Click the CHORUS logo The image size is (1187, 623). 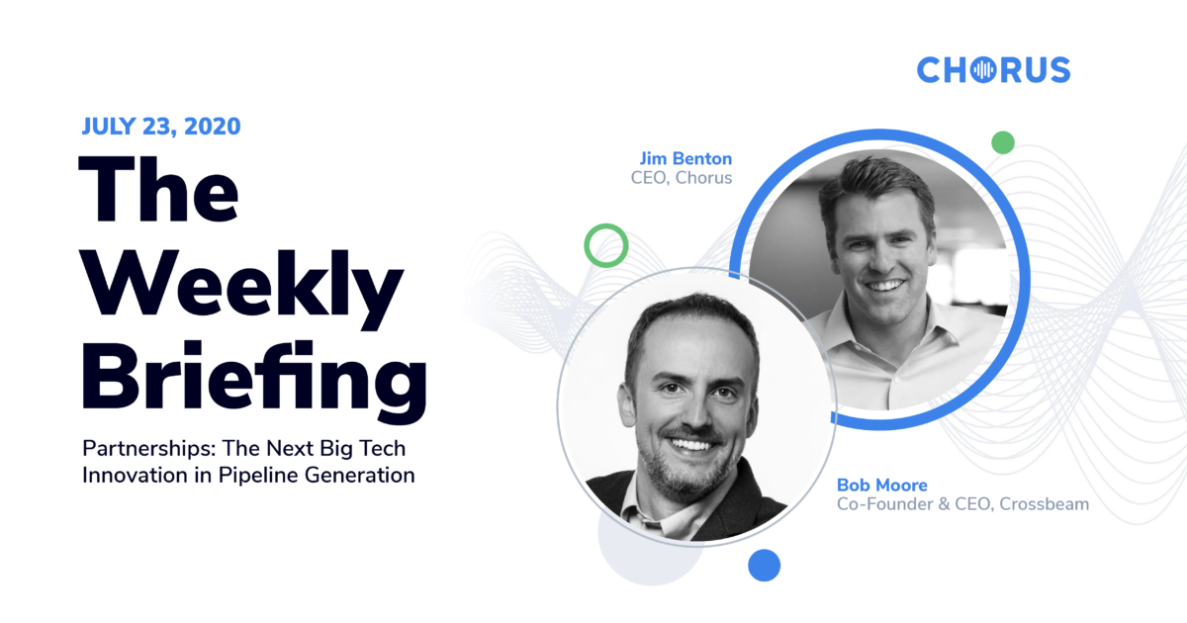(x=993, y=69)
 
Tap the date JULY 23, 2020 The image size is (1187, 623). (x=161, y=127)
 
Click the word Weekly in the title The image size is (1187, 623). (x=243, y=287)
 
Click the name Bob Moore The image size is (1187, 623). (x=882, y=485)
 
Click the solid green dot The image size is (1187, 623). (x=1003, y=142)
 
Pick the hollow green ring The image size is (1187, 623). (x=605, y=244)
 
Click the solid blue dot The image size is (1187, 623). (x=764, y=565)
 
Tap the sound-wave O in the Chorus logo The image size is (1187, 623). (x=984, y=69)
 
